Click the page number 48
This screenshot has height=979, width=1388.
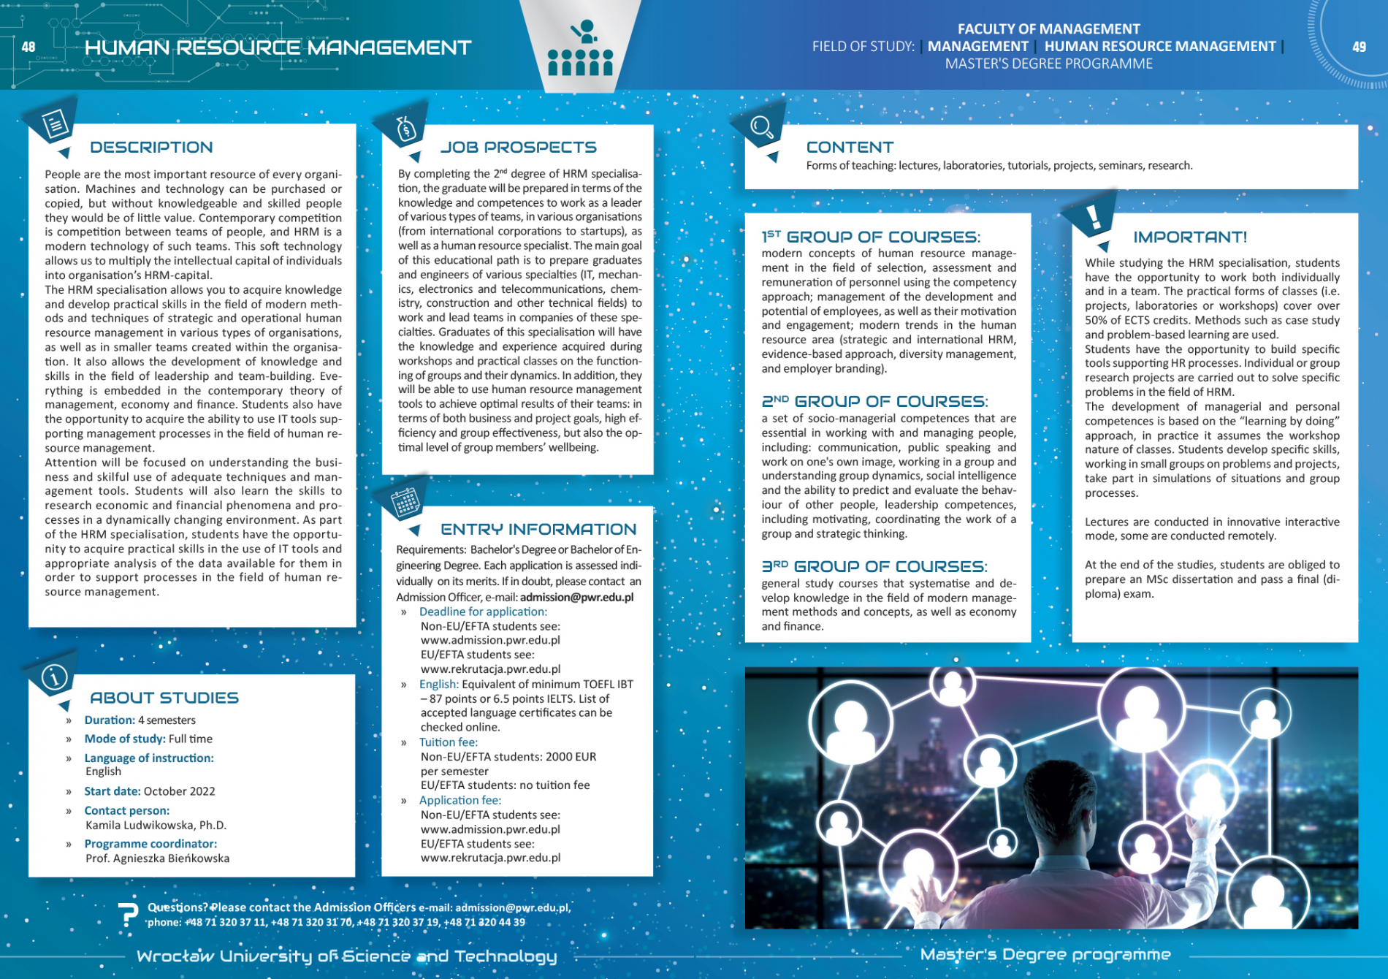[x=28, y=47]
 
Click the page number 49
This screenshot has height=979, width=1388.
[x=1359, y=47]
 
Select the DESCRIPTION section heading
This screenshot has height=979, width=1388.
[x=151, y=148]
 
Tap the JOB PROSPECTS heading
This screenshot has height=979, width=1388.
[x=518, y=148]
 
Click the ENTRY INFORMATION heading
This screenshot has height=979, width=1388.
[x=538, y=530]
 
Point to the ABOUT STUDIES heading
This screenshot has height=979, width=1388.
[x=164, y=698]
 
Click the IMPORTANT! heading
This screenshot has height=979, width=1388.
[x=1189, y=237]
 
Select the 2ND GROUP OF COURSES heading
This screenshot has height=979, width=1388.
[x=874, y=402]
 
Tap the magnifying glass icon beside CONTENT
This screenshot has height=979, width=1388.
[x=761, y=127]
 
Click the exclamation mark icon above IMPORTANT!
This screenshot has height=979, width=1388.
[x=1093, y=216]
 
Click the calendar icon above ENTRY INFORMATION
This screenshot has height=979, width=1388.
[x=405, y=503]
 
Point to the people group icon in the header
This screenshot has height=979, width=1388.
[x=580, y=50]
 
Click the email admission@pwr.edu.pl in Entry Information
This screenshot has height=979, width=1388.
[x=576, y=597]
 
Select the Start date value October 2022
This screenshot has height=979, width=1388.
[x=179, y=791]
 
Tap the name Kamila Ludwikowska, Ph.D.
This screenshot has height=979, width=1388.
[x=156, y=825]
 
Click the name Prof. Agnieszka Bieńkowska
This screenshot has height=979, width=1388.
[x=157, y=858]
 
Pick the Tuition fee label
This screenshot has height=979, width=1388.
[x=448, y=742]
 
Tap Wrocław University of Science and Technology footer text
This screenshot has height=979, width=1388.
[x=346, y=956]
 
